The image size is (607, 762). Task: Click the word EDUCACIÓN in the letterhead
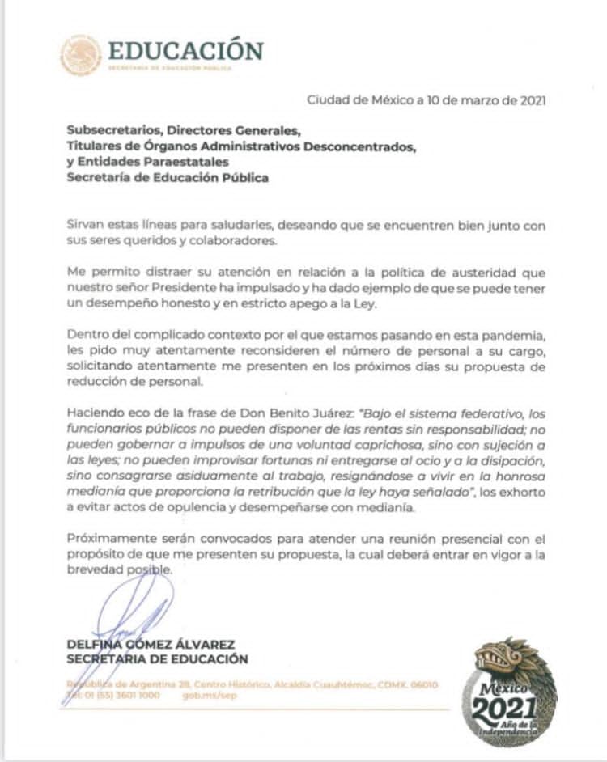pos(185,50)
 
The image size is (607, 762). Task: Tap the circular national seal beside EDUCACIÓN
pos(81,55)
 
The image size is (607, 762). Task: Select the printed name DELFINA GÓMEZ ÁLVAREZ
pos(145,644)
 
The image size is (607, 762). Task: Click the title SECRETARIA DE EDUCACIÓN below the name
pos(158,659)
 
